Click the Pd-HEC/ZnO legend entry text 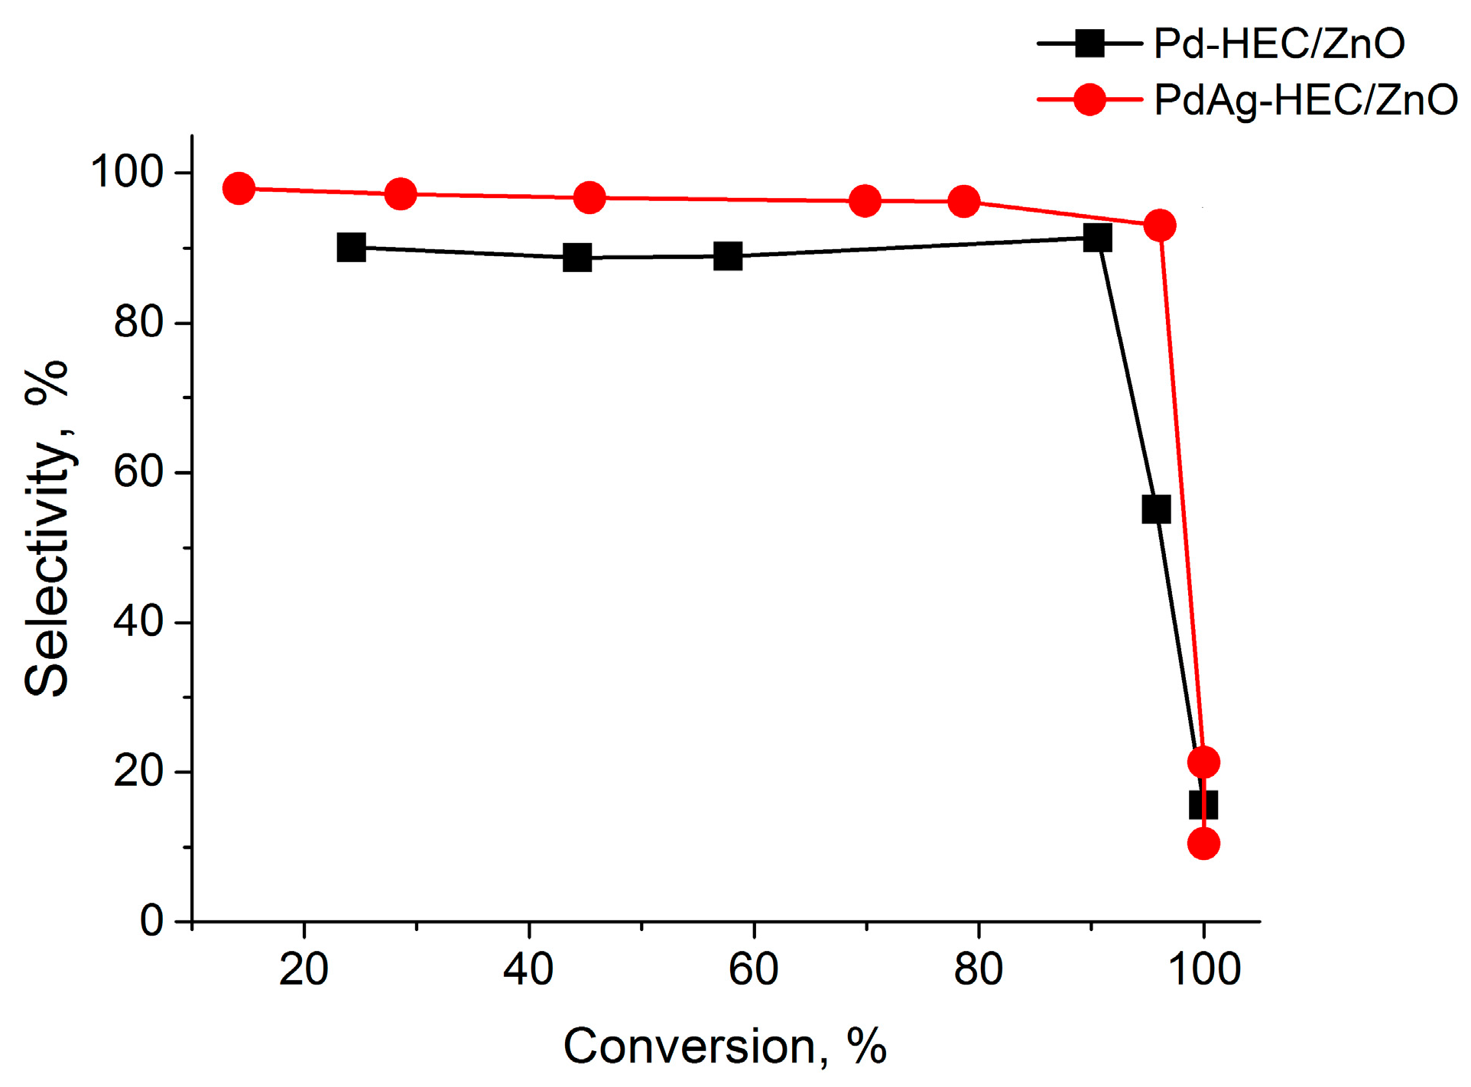pos(1278,44)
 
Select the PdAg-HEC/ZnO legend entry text pos(1305,100)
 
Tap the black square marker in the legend pos(1089,44)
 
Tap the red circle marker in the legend pos(1089,100)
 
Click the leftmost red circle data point pos(239,188)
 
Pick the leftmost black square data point pos(351,248)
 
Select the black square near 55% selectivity pos(1156,509)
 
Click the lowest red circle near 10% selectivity pos(1203,844)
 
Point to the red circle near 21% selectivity pos(1203,762)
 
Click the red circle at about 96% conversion pos(1160,226)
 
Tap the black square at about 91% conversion pos(1097,238)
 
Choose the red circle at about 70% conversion pos(865,201)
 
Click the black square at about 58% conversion pos(728,256)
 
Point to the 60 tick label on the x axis pos(753,970)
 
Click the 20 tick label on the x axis pos(304,970)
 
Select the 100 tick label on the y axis pos(127,172)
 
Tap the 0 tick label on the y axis pos(151,921)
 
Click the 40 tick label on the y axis pos(138,621)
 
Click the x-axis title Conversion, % pos(725,1046)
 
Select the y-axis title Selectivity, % pos(47,527)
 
